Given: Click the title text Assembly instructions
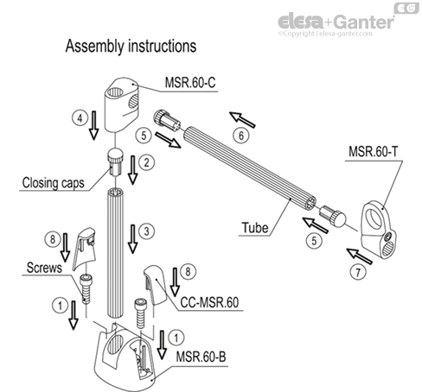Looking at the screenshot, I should click(131, 44).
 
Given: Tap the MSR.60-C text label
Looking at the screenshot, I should click(193, 84).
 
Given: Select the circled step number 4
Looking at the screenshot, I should click(78, 116).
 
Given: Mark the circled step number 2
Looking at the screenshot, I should click(148, 161).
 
